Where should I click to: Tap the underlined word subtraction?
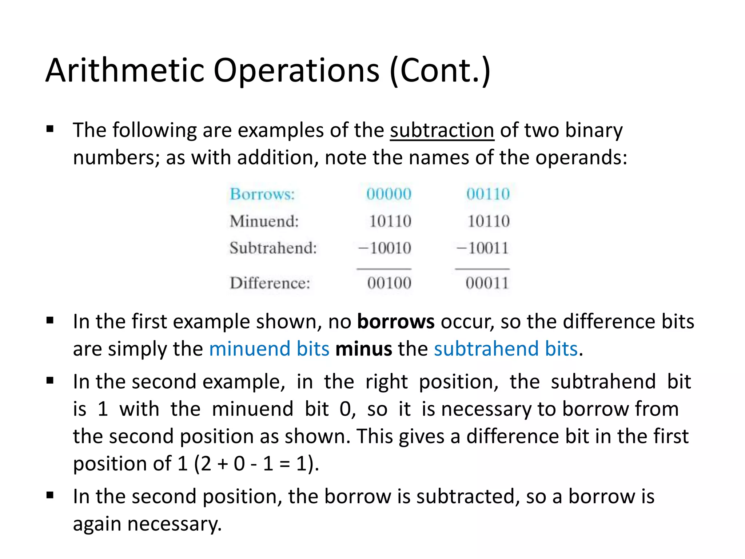442,130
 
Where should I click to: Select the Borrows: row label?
262,194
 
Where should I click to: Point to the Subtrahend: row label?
273,248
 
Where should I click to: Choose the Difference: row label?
270,283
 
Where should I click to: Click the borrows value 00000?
389,194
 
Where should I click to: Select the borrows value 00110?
488,194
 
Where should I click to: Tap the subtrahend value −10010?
385,248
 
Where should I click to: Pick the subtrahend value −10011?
483,248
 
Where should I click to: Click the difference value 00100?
389,283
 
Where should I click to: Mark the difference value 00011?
487,283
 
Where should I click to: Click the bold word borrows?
396,321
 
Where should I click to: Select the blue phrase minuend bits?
269,349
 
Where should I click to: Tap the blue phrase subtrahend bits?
506,349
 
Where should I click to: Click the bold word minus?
364,349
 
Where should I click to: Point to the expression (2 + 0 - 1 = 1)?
256,464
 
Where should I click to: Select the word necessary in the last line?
174,524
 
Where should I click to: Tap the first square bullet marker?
50,129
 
